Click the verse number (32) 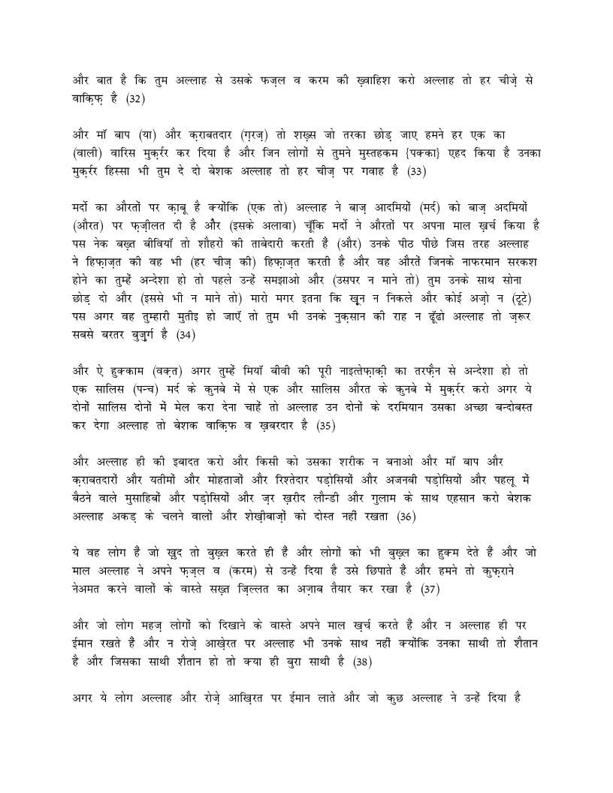(135, 98)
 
